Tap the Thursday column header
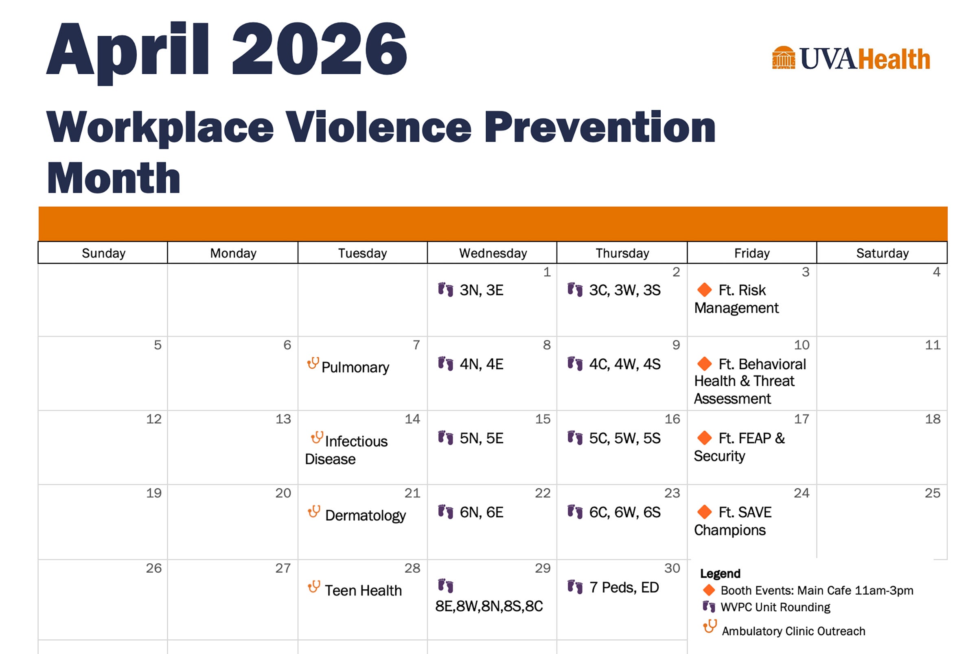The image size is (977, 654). pos(622,253)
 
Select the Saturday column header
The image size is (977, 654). pos(882,253)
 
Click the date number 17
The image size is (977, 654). pos(802,419)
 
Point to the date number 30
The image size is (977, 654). pos(673,568)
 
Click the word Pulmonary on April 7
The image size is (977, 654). pos(355,367)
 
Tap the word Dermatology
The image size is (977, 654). pos(365,516)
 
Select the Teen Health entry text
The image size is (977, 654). pos(363,591)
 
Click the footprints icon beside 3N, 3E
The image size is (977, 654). pos(445,290)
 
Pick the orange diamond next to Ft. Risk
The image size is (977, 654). pos(705,290)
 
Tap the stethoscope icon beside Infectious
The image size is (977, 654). pos(317,438)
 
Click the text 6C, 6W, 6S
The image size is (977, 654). pos(625,512)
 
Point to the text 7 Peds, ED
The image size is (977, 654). pos(624,588)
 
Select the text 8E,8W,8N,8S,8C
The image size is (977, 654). pos(489,606)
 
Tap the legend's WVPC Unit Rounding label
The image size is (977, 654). pos(775,607)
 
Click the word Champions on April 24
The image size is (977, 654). pos(729,530)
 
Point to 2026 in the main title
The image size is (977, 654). pos(319,49)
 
